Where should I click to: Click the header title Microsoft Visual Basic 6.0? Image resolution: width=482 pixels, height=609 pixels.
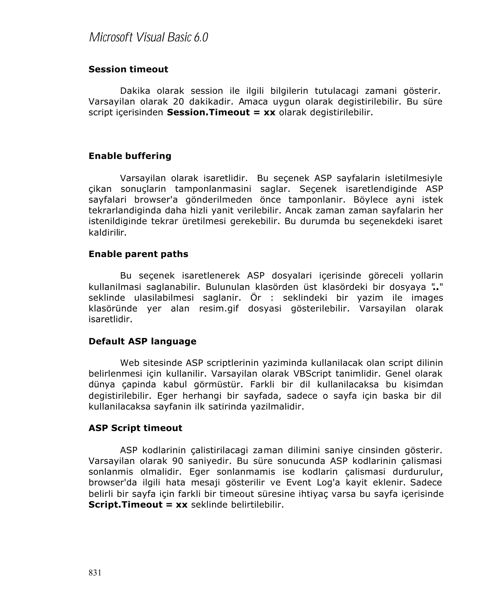pos(148,37)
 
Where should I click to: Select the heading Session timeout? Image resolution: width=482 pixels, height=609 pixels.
pos(128,69)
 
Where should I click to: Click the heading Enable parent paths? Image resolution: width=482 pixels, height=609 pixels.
pos(138,254)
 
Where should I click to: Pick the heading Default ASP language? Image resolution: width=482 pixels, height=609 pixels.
pos(142,341)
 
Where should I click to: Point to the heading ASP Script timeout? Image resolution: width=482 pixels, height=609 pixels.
pos(135,428)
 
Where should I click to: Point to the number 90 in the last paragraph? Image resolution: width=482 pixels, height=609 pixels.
pos(178,461)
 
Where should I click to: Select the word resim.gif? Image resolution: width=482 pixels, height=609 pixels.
pos(219,308)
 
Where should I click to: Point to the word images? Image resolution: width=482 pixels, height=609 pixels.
pos(427,297)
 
